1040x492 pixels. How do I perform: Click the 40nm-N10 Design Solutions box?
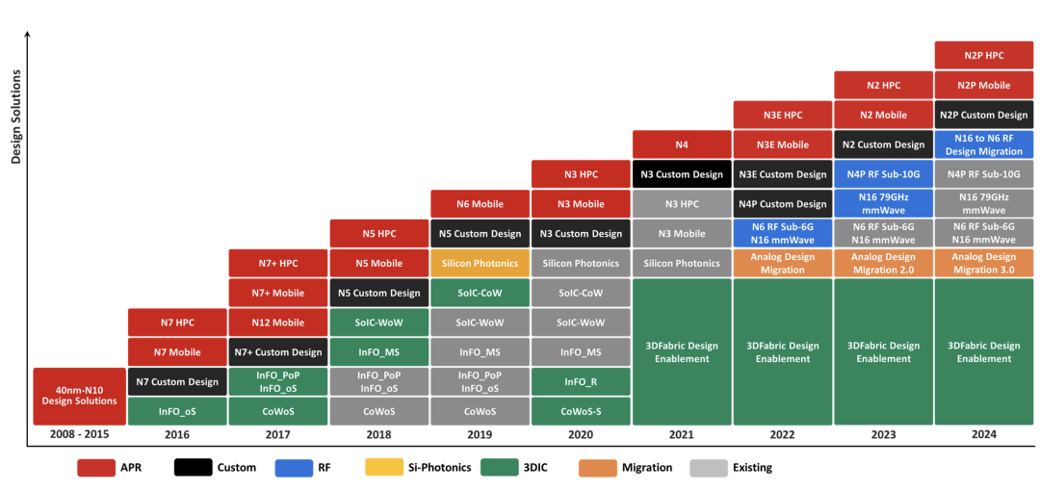(80, 396)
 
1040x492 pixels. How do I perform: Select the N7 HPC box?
(178, 323)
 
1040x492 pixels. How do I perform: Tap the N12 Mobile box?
(278, 323)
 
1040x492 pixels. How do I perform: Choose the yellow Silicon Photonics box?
(480, 263)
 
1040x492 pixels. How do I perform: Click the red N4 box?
(682, 144)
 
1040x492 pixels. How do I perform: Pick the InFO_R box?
(581, 381)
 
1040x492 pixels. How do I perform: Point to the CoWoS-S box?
(581, 411)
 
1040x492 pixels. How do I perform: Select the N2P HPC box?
(983, 55)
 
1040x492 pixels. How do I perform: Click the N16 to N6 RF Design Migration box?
(983, 144)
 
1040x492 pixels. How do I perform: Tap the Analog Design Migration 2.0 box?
(883, 263)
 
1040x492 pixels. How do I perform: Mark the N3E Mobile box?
(782, 144)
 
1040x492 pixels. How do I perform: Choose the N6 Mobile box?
(480, 204)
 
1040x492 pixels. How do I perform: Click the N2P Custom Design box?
(983, 115)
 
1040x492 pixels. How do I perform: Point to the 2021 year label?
(682, 435)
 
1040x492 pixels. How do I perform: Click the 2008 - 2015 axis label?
(80, 435)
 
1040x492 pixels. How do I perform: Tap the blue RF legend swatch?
(294, 468)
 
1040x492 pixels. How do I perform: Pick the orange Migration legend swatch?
(597, 468)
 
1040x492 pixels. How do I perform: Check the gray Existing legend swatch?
(710, 468)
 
